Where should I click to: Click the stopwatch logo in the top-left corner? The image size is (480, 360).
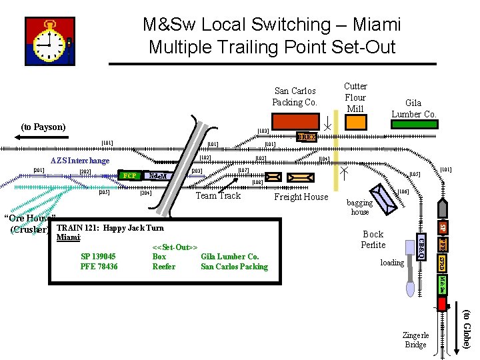coord(49,42)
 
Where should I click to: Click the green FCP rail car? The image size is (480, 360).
coord(130,176)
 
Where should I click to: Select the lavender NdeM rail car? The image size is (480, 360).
coord(158,176)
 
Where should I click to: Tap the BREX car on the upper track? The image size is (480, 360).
coord(306,137)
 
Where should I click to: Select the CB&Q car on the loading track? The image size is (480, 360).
coord(421,245)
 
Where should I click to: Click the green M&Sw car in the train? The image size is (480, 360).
coord(441,285)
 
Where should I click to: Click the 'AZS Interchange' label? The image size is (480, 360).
coord(80,161)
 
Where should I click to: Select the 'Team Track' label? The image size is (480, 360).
coord(218,195)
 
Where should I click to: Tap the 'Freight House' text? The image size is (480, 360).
coord(301,197)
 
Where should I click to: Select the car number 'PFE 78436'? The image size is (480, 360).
coord(99,267)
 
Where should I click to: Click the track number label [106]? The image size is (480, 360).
coord(403,192)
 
